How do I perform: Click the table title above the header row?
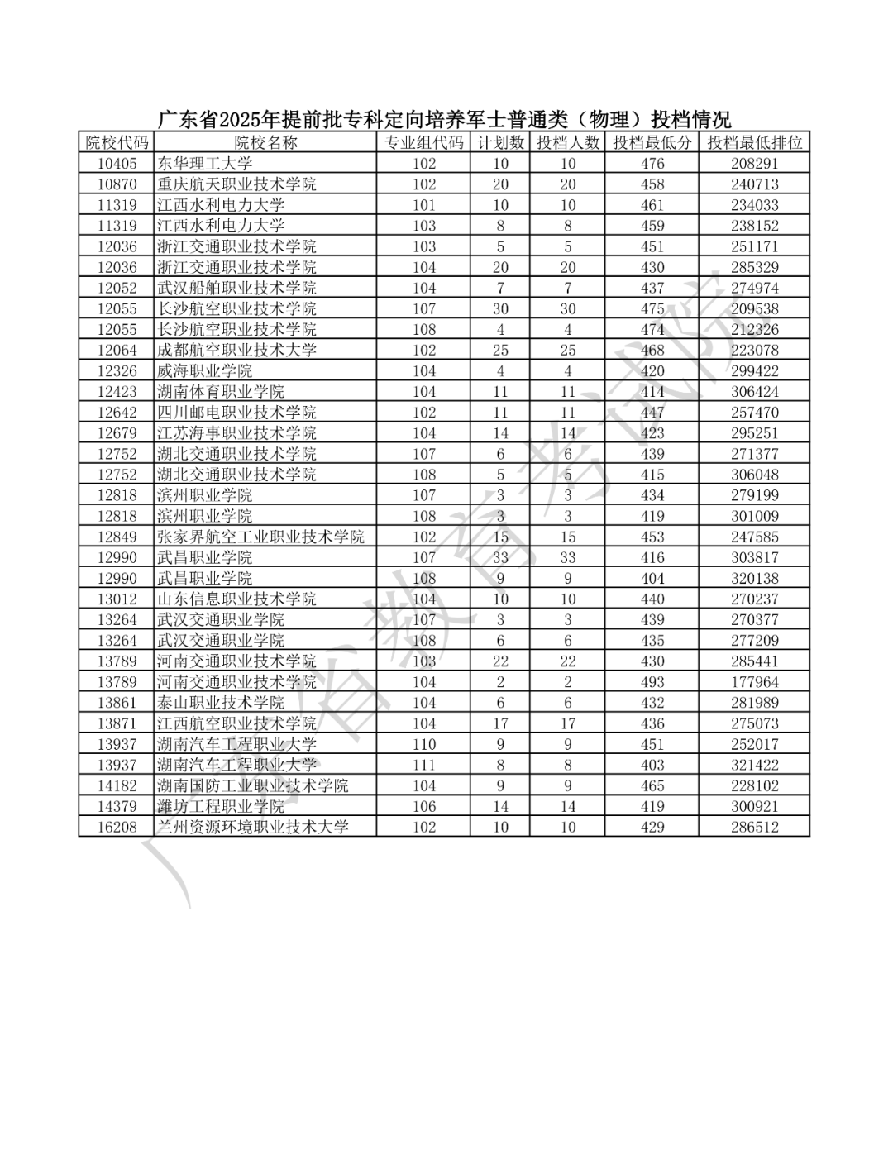[444, 118]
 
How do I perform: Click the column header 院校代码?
[117, 142]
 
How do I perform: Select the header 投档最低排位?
[754, 142]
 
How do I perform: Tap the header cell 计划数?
[500, 142]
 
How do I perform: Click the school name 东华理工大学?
[205, 164]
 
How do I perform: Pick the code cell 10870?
[117, 184]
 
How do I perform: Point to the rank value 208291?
[754, 164]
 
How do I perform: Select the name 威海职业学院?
[205, 371]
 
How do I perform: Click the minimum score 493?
[652, 682]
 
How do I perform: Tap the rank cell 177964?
[754, 682]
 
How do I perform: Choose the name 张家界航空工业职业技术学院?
[260, 537]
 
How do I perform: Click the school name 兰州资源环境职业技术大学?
[253, 827]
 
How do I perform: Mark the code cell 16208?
[117, 827]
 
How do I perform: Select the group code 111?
[424, 765]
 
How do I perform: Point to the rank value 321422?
[754, 765]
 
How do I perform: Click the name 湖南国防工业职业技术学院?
[253, 785]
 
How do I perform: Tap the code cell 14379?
[117, 806]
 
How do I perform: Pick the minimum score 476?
[652, 164]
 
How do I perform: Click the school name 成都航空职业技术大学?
[236, 350]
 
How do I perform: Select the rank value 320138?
[754, 578]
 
